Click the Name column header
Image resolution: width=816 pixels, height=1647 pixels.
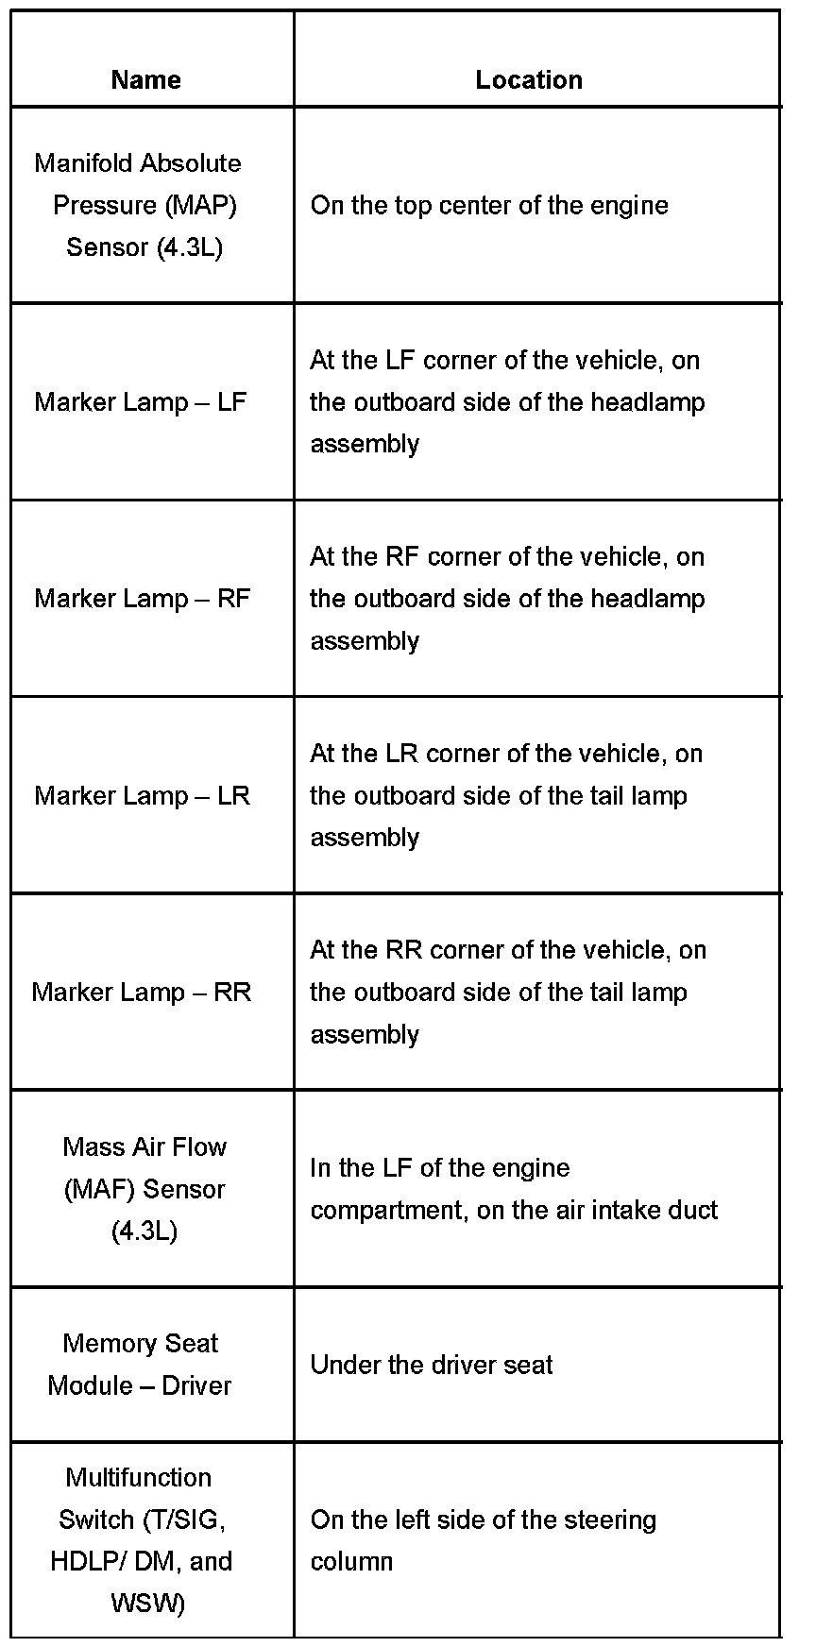coord(145,79)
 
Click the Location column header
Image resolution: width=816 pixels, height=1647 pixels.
coord(529,79)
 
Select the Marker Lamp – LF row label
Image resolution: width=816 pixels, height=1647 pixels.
coord(140,402)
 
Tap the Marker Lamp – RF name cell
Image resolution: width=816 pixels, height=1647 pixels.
coord(142,599)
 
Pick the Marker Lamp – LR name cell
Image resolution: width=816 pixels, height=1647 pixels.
coord(142,795)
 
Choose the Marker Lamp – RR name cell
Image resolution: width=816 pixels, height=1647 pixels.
coord(142,992)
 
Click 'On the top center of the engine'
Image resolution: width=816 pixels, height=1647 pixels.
coord(489,206)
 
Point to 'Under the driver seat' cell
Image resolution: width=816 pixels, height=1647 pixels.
coord(432,1365)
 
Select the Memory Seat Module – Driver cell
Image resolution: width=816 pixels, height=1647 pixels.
coord(140,1365)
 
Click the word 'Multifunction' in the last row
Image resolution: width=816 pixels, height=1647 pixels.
coord(139,1477)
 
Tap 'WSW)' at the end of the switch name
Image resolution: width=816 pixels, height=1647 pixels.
coord(148,1603)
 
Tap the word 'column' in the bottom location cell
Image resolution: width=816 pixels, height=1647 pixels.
coord(351,1561)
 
